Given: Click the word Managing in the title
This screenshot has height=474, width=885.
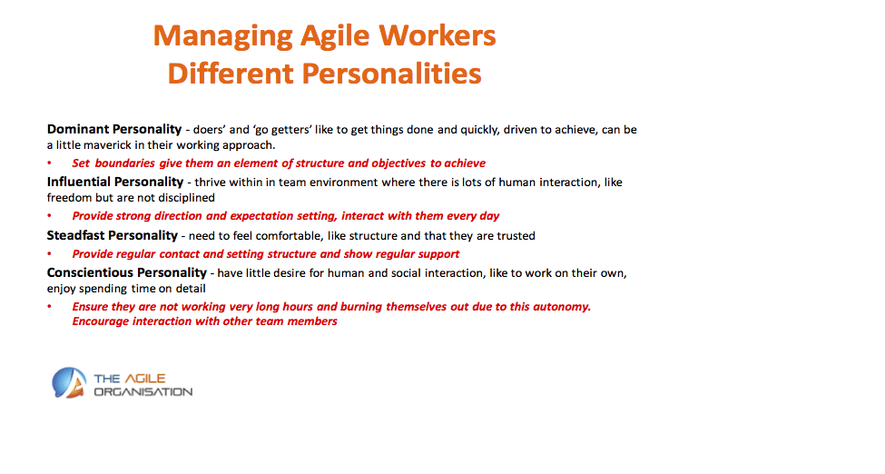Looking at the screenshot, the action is pos(223,36).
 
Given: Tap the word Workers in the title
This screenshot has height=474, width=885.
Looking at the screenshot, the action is pos(438,35).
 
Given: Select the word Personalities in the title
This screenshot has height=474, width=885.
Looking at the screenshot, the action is pos(391,74).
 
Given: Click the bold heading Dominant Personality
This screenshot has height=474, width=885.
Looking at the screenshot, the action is pos(114,129).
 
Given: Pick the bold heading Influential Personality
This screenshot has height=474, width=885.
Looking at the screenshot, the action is pos(115,182).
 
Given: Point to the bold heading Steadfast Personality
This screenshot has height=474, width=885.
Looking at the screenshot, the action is pos(113,235).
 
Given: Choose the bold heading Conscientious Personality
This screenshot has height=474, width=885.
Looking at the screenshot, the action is pos(127,273).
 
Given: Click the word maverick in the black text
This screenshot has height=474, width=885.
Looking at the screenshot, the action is pos(108,145).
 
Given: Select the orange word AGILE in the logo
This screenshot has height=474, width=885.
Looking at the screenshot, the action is pos(145,379).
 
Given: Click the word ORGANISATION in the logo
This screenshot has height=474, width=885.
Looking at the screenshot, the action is pos(143,392).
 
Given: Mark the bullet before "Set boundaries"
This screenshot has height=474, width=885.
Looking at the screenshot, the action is pos(50,163).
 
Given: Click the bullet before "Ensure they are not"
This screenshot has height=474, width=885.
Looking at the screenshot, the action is pos(50,307).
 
